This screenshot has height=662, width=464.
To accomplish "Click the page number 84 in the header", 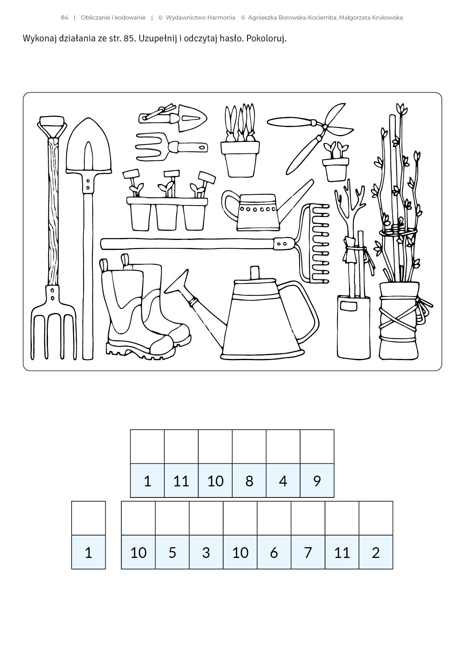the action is pos(64,18).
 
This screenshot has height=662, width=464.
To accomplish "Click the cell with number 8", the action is pos(249,481).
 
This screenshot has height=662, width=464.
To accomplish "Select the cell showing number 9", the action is pos(317,481).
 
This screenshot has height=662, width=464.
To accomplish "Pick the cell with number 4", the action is pos(283,481).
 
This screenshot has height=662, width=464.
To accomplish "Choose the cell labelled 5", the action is pos(172,552).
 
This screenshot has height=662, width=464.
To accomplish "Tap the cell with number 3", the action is pos(206,552).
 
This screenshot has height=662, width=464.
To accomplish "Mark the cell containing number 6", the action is pos(274,552).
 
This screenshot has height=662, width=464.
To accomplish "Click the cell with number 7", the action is pos(308,552).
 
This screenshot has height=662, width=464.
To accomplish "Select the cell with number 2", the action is pos(376,552).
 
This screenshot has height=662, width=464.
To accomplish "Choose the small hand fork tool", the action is pos(171,147).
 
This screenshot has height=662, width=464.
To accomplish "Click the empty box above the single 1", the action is pos(89,518).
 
